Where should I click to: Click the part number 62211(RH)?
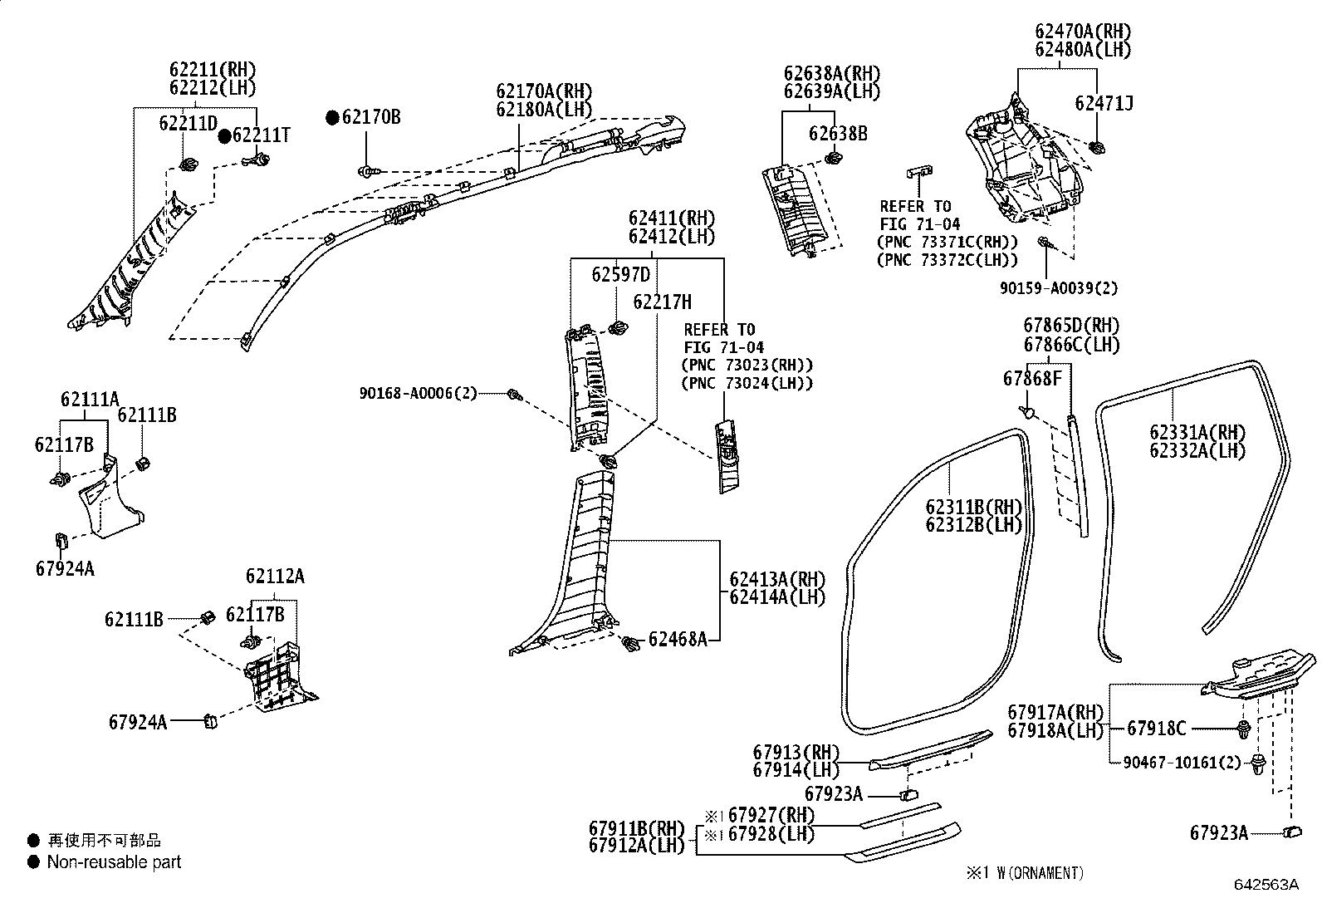213,70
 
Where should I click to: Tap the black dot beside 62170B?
332,118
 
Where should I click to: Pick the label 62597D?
620,274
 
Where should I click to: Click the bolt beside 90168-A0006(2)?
514,395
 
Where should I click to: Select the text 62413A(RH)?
777,579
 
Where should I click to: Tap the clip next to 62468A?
632,643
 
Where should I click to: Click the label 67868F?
1032,379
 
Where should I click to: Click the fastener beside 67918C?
1243,730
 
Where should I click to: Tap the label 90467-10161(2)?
1182,761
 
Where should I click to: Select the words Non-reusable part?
114,862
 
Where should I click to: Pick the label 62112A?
275,576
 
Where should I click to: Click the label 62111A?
90,400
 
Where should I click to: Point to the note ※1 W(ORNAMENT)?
1024,873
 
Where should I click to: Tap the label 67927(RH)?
771,815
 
